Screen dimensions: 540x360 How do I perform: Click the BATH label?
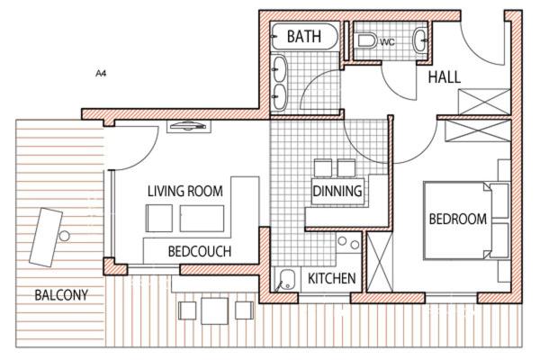click(304, 37)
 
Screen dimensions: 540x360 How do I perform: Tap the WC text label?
click(387, 42)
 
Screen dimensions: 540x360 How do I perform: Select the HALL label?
click(445, 76)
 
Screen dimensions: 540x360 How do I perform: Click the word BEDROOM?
click(458, 219)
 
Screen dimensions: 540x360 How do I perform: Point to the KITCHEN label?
click(331, 278)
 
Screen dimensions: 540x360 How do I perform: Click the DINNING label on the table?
click(337, 191)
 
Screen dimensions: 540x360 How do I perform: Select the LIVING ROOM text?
click(184, 191)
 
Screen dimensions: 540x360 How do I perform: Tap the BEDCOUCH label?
click(200, 251)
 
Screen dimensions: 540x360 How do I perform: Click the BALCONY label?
click(61, 295)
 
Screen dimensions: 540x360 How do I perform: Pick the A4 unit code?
click(101, 74)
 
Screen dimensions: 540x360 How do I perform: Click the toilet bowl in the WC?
click(366, 40)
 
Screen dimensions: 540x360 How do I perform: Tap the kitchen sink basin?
click(287, 278)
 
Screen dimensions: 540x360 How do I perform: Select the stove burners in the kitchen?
click(348, 242)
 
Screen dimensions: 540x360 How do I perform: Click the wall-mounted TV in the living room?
click(189, 126)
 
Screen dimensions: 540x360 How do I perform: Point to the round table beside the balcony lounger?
click(64, 236)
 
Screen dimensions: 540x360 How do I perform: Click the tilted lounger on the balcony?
click(46, 238)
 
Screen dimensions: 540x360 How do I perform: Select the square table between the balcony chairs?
click(214, 310)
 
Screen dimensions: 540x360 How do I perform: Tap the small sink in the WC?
click(419, 40)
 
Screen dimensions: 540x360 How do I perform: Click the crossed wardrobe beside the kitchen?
click(380, 262)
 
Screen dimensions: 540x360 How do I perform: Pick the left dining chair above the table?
click(323, 168)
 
